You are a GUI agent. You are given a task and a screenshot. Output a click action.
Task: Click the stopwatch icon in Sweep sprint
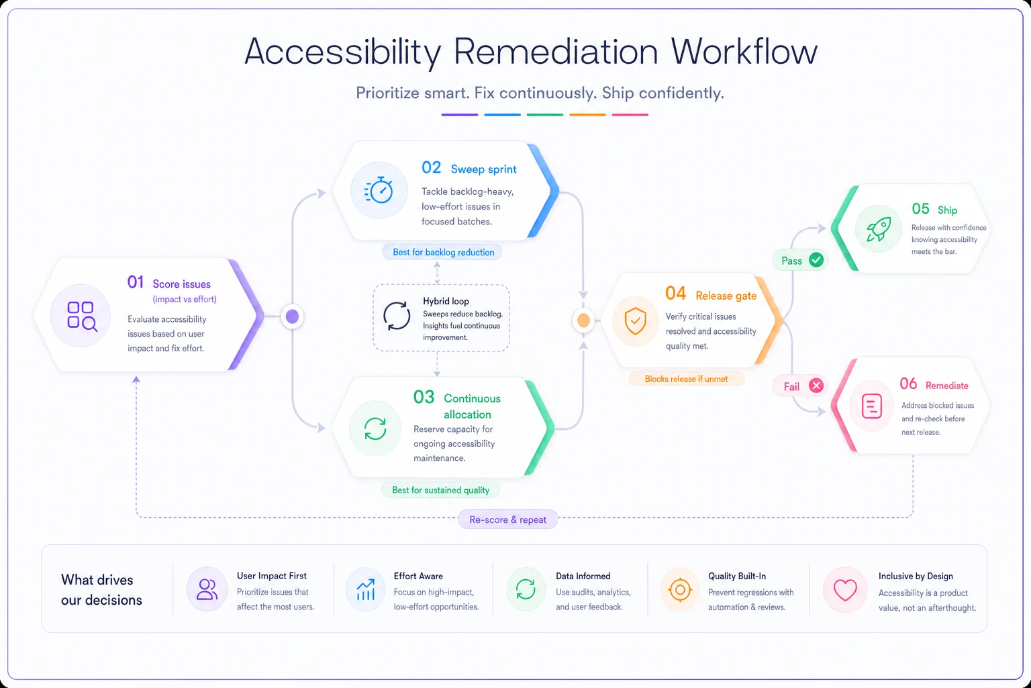(379, 190)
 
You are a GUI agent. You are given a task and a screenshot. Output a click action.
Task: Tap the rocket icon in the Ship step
(878, 229)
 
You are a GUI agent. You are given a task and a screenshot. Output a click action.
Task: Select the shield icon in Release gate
(635, 320)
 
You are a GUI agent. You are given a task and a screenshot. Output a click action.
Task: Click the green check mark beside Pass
(816, 260)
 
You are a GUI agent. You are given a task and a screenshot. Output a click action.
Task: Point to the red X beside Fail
(816, 385)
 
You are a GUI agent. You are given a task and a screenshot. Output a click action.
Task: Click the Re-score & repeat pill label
(507, 519)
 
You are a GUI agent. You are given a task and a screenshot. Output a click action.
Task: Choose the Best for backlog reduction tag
(443, 252)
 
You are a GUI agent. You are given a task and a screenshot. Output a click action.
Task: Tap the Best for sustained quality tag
(440, 490)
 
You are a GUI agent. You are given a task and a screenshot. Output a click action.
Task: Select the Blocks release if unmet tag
(686, 379)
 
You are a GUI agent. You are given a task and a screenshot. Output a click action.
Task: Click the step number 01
(136, 282)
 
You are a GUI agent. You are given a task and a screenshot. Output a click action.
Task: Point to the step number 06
(908, 384)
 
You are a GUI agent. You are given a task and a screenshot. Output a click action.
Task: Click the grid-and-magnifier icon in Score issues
(82, 316)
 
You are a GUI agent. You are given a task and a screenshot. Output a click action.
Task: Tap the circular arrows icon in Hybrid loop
(396, 316)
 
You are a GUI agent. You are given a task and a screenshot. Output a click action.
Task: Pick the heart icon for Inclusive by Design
(845, 590)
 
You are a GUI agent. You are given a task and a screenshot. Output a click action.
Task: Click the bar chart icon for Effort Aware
(365, 590)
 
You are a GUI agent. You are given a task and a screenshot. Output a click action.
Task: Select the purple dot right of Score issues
(292, 316)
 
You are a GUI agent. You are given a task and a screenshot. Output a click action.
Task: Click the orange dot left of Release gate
(583, 320)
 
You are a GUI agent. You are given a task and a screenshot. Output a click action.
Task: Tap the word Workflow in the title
(744, 51)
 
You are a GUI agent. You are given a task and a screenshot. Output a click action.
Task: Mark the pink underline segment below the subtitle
(630, 115)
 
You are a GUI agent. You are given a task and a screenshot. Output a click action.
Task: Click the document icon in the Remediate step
(871, 406)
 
